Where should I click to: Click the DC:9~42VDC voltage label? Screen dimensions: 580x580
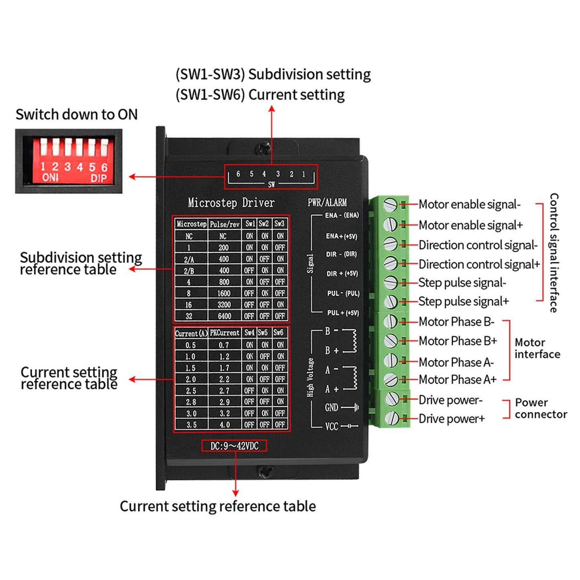(x=234, y=446)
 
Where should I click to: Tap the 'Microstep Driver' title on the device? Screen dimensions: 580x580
(x=231, y=203)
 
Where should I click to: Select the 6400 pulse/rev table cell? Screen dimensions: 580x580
(x=224, y=316)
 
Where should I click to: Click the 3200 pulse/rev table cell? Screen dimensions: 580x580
(x=224, y=305)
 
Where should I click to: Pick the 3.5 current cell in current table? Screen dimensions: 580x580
(x=191, y=425)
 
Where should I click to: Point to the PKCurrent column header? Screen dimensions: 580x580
(x=224, y=333)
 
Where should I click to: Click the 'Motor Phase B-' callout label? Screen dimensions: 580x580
(x=456, y=322)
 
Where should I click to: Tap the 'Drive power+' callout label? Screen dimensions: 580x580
(x=452, y=419)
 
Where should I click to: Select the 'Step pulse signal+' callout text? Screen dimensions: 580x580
(x=463, y=301)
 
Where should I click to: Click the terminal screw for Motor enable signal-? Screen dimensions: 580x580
(x=390, y=205)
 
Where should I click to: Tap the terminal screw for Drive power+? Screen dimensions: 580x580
(x=391, y=419)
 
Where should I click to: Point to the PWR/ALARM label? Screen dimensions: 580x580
(x=327, y=203)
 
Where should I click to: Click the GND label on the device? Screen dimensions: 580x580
(x=332, y=408)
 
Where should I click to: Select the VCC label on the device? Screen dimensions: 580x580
(x=332, y=426)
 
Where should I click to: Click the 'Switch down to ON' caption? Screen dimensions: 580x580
(x=77, y=115)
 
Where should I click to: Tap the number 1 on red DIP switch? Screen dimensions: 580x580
(x=43, y=167)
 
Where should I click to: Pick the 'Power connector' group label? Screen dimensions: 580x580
(x=541, y=409)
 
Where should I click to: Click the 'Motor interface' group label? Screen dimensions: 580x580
(x=537, y=348)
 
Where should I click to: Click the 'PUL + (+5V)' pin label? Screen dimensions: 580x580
(x=343, y=313)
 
